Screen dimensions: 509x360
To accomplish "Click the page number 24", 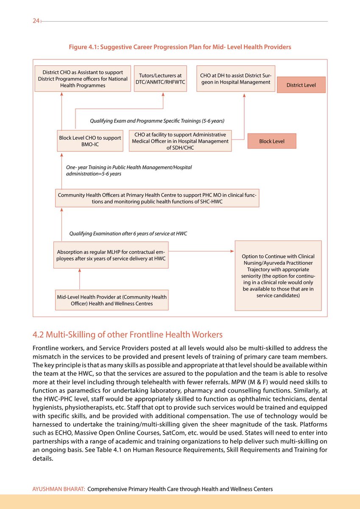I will (36, 21).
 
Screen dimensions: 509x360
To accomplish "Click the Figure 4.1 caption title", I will (180, 47).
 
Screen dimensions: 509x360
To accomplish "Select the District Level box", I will (301, 85).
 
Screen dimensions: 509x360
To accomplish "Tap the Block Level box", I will (272, 141).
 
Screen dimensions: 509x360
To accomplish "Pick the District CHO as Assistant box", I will (83, 78).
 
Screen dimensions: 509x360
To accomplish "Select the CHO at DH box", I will (236, 78).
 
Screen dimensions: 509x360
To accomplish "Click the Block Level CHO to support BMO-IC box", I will (90, 141).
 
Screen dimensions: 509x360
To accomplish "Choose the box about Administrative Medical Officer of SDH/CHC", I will (181, 141).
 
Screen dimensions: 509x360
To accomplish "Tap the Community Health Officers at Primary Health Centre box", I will (157, 198).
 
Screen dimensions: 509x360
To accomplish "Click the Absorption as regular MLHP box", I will (111, 255).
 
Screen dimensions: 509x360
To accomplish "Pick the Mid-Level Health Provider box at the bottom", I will (112, 300).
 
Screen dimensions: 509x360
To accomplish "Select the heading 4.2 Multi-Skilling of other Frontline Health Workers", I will (128, 335).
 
